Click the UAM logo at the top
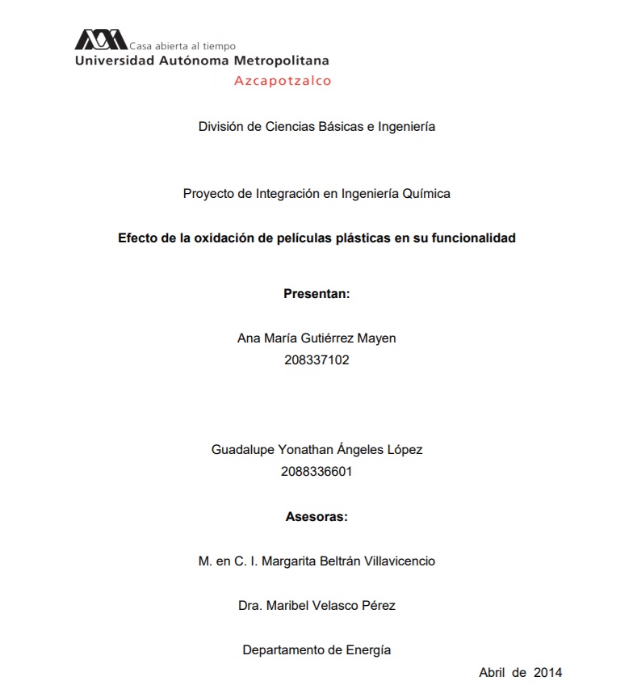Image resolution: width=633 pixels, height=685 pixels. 101,40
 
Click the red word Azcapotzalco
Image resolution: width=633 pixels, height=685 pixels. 283,81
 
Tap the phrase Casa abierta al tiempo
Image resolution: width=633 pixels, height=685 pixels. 182,46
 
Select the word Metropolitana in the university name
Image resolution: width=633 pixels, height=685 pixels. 281,61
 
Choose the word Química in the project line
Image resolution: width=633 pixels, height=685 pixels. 425,194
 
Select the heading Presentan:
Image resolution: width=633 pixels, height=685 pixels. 316,294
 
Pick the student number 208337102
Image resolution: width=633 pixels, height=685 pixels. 316,360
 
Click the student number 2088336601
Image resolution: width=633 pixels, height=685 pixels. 316,471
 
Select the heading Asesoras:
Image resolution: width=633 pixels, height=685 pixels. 316,517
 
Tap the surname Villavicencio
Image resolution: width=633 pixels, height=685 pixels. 395,561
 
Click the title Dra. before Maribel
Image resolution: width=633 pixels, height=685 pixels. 250,605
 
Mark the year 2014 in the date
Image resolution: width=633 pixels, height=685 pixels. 547,672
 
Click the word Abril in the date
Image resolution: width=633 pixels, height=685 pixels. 493,672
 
